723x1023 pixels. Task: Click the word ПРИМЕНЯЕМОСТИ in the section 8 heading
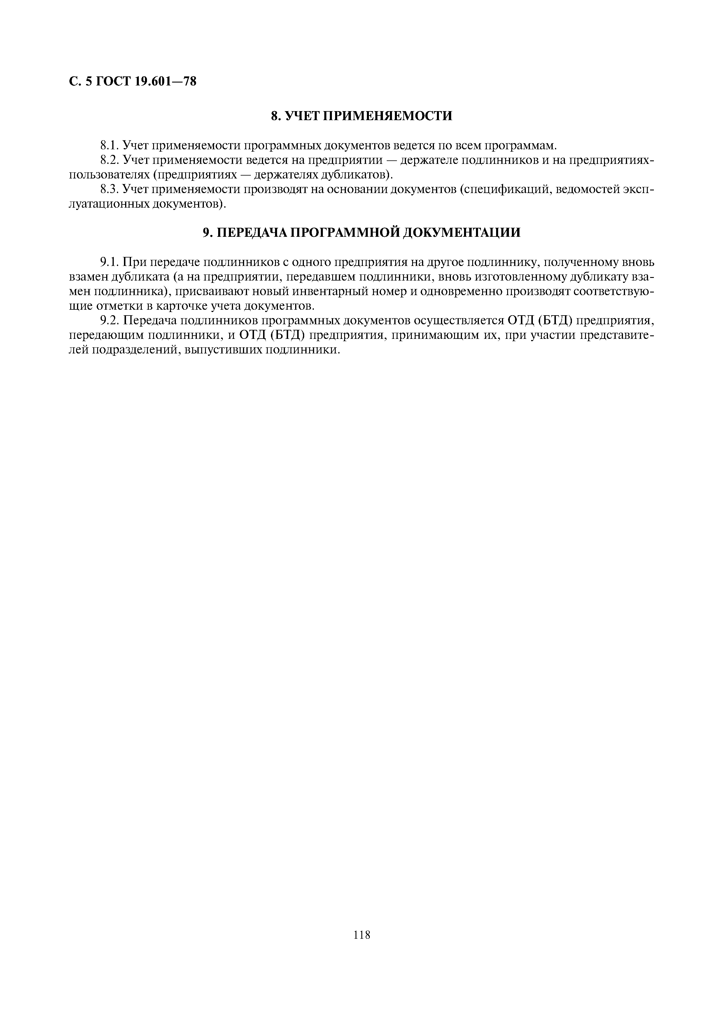387,116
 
